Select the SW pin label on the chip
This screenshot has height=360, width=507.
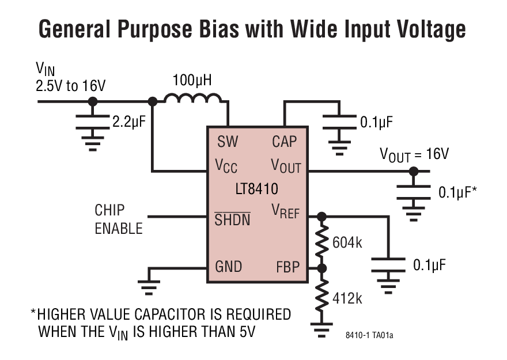pyautogui.click(x=228, y=142)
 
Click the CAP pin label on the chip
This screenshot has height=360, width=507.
pyautogui.click(x=285, y=142)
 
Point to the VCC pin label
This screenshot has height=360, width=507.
pyautogui.click(x=226, y=166)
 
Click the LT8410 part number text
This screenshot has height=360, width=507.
pyautogui.click(x=256, y=188)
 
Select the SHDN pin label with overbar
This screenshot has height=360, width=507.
pyautogui.click(x=232, y=218)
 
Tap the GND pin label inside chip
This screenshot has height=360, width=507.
pyautogui.click(x=229, y=267)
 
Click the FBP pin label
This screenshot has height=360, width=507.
pyautogui.click(x=287, y=267)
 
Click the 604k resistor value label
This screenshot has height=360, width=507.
pyautogui.click(x=347, y=242)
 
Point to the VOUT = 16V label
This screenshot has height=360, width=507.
pyautogui.click(x=414, y=154)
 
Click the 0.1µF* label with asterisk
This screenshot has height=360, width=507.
pyautogui.click(x=457, y=192)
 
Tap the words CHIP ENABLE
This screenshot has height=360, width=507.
pyautogui.click(x=118, y=219)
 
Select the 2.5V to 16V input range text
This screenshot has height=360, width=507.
pyautogui.click(x=71, y=86)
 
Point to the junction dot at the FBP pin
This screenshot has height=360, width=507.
pyautogui.click(x=321, y=268)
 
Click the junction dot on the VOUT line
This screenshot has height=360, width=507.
pyautogui.click(x=413, y=171)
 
